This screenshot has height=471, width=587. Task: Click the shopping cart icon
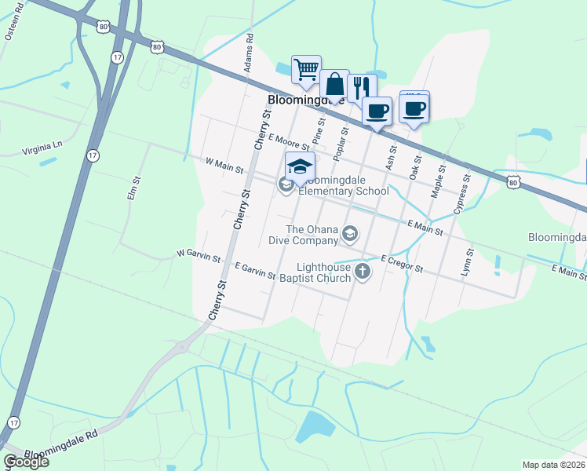305,68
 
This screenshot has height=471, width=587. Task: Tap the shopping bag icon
334,84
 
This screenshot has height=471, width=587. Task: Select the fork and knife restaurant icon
361,88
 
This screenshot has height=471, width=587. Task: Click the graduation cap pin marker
299,166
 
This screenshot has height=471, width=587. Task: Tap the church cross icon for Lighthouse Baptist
362,272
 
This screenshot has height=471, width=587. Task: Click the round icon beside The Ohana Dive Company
350,233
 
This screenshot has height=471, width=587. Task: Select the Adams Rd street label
249,53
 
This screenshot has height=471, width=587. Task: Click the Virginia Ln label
42,146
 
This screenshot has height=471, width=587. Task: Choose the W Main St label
224,166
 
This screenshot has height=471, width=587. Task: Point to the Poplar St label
341,144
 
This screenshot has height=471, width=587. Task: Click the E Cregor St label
402,264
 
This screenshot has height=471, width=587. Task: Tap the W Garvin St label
199,257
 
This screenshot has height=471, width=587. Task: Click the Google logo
26,461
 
